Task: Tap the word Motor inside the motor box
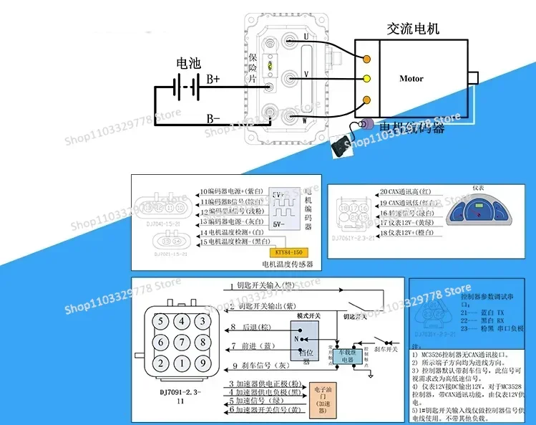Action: pyautogui.click(x=411, y=79)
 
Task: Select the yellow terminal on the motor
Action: pyautogui.click(x=368, y=79)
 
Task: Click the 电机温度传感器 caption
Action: pyautogui.click(x=277, y=265)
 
